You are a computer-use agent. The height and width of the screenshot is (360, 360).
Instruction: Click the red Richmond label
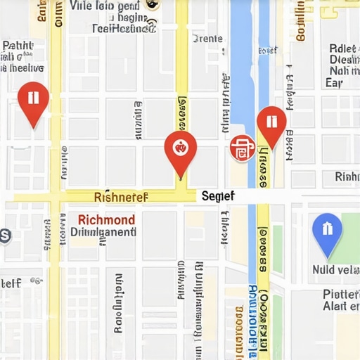105,219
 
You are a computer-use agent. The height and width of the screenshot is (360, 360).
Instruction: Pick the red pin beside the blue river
271,124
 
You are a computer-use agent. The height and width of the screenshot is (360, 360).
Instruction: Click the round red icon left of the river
241,148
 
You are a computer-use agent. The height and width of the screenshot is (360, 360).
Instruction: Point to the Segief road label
217,196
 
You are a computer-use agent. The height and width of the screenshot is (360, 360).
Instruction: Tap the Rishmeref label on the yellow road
121,197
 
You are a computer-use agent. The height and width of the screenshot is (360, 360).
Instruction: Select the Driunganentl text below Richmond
103,232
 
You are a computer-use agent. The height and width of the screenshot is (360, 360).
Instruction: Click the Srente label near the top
207,39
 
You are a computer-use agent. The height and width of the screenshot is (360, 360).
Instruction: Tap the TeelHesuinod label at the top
124,29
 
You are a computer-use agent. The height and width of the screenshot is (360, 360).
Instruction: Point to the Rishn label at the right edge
347,176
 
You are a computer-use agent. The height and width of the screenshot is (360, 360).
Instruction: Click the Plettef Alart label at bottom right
340,300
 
